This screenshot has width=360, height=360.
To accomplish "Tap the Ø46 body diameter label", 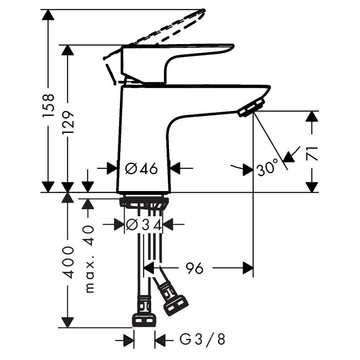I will click(x=142, y=169).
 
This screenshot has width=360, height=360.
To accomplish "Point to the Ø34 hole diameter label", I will click(x=144, y=225).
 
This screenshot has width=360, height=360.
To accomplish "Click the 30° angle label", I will click(x=267, y=170).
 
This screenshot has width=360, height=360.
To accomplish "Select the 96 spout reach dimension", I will click(x=194, y=268).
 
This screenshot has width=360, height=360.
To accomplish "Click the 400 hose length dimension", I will click(x=69, y=262).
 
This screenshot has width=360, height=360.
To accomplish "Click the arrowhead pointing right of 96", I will click(x=247, y=268).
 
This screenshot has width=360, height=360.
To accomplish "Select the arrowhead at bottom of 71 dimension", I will click(x=312, y=186).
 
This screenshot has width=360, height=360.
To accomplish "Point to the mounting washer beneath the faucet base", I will click(x=144, y=201).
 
